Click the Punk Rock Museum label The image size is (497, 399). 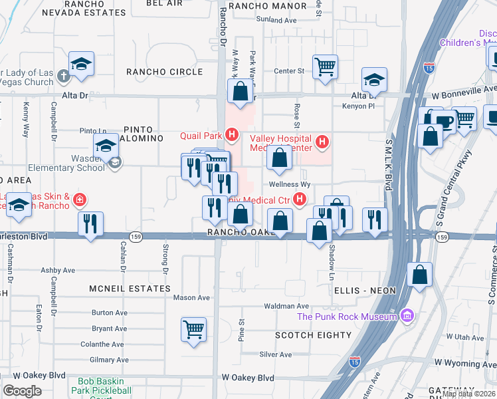(x=348, y=317)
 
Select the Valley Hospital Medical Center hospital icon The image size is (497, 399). (x=322, y=141)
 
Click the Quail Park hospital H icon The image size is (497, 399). (x=231, y=136)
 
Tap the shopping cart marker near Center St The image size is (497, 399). (x=325, y=66)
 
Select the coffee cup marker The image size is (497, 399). (x=443, y=120)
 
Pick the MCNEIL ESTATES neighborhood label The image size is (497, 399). (x=130, y=289)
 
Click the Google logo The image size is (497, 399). (x=22, y=391)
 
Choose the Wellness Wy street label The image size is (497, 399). (x=290, y=184)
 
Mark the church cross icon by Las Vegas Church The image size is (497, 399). (x=63, y=76)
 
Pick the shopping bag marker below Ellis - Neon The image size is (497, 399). (x=420, y=274)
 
